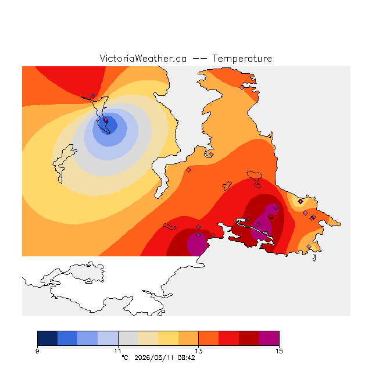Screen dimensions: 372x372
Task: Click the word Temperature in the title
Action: pyautogui.click(x=242, y=58)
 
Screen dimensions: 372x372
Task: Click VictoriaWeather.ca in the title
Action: pyautogui.click(x=143, y=58)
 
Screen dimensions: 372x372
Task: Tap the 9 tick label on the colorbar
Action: pyautogui.click(x=37, y=351)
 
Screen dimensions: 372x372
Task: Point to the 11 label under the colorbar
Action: pyautogui.click(x=118, y=351)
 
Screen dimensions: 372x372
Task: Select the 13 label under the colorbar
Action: pyautogui.click(x=199, y=351)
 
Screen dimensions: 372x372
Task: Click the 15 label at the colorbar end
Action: pyautogui.click(x=279, y=351)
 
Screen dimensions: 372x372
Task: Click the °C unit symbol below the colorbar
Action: pyautogui.click(x=125, y=357)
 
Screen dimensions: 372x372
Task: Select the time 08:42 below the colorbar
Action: pyautogui.click(x=186, y=357)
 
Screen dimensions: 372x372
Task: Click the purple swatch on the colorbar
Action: pyautogui.click(x=269, y=338)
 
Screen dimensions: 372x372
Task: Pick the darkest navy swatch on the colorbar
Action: pyautogui.click(x=48, y=338)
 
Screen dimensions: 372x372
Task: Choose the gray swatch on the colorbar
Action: pyautogui.click(x=128, y=338)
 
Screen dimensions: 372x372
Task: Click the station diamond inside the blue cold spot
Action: pyautogui.click(x=106, y=120)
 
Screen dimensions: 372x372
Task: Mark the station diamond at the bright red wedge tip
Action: pyautogui.click(x=93, y=96)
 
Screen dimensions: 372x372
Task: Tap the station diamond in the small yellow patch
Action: pyautogui.click(x=301, y=202)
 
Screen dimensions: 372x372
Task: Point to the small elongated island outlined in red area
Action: pyautogui.click(x=170, y=227)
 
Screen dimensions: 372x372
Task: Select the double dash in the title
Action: pyautogui.click(x=199, y=59)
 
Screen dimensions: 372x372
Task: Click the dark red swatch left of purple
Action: pyautogui.click(x=249, y=338)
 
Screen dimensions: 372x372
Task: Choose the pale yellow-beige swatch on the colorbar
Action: pyautogui.click(x=148, y=338)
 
